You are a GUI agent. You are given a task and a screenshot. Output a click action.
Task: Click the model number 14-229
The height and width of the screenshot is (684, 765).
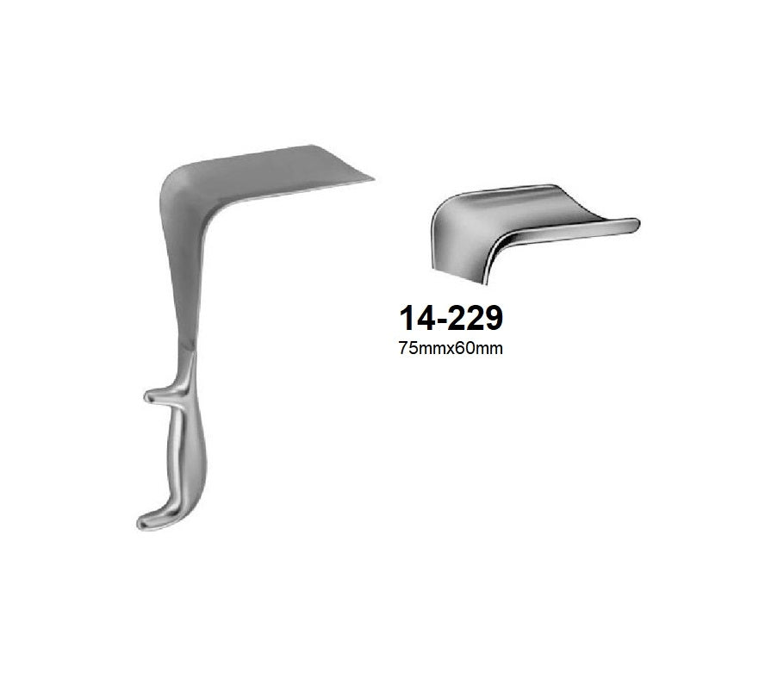(451, 318)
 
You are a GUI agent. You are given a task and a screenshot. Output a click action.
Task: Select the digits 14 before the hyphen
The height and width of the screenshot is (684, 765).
(416, 318)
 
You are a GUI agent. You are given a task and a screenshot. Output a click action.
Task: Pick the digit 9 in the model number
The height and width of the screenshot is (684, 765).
(491, 318)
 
